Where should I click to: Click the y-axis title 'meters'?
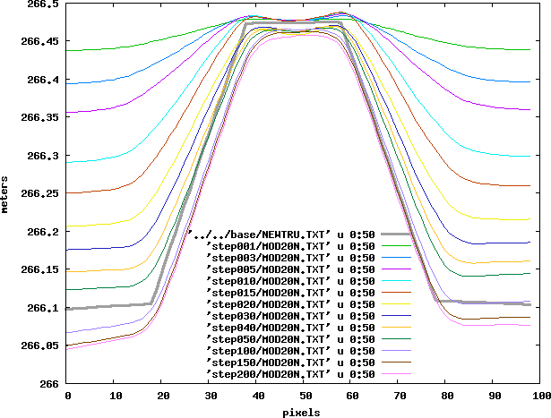[5, 193]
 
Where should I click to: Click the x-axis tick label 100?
[539, 395]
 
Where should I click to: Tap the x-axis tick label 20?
[162, 395]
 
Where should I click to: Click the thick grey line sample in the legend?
[389, 234]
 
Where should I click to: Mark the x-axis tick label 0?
[67, 395]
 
